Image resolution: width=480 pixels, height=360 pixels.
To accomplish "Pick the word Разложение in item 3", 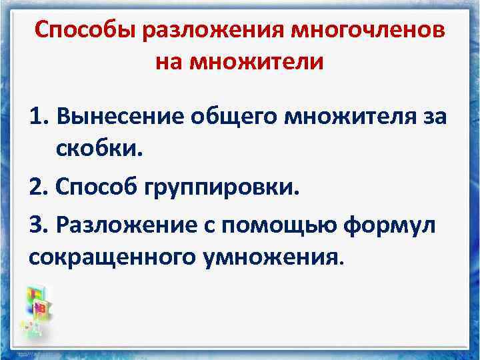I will tap(129, 225).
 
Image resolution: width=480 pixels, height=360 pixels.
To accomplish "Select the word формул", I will tap(397, 225).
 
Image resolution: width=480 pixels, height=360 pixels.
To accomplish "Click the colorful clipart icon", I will tap(38, 307).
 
